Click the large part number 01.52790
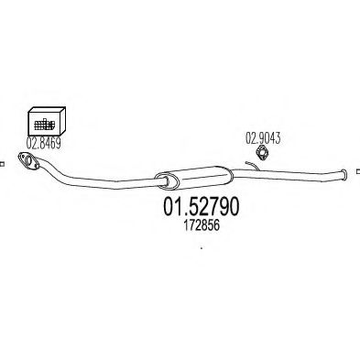[201, 207]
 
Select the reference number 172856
[202, 226]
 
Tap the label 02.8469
[43, 143]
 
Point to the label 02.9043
[263, 138]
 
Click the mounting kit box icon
[47, 121]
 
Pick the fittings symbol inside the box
[45, 125]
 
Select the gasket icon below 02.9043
[261, 152]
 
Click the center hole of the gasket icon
[261, 153]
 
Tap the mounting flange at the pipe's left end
[28, 160]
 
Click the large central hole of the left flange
[28, 161]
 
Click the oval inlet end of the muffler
[166, 180]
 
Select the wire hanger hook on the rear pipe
[253, 166]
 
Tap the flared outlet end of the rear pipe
[344, 175]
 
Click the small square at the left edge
[2, 164]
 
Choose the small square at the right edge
[358, 171]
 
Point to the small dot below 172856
[202, 248]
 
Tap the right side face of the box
[62, 120]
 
